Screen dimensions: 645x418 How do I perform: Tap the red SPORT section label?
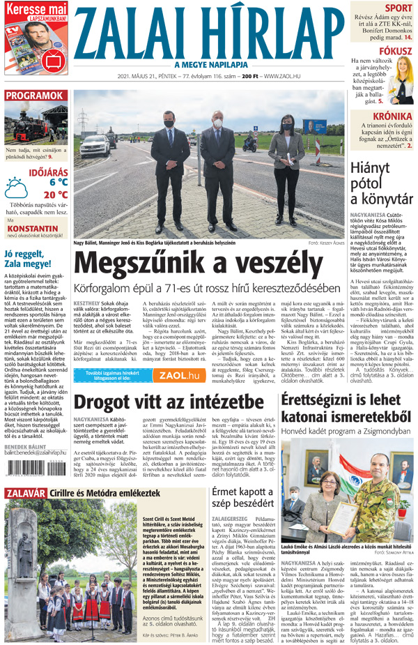click(x=398, y=8)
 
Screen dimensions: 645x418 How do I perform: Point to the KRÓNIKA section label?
click(x=391, y=116)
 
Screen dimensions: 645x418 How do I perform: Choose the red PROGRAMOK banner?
click(x=33, y=96)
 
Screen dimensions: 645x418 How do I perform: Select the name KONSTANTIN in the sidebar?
click(x=32, y=227)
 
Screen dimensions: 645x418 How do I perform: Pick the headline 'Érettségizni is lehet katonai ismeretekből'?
click(x=348, y=407)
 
